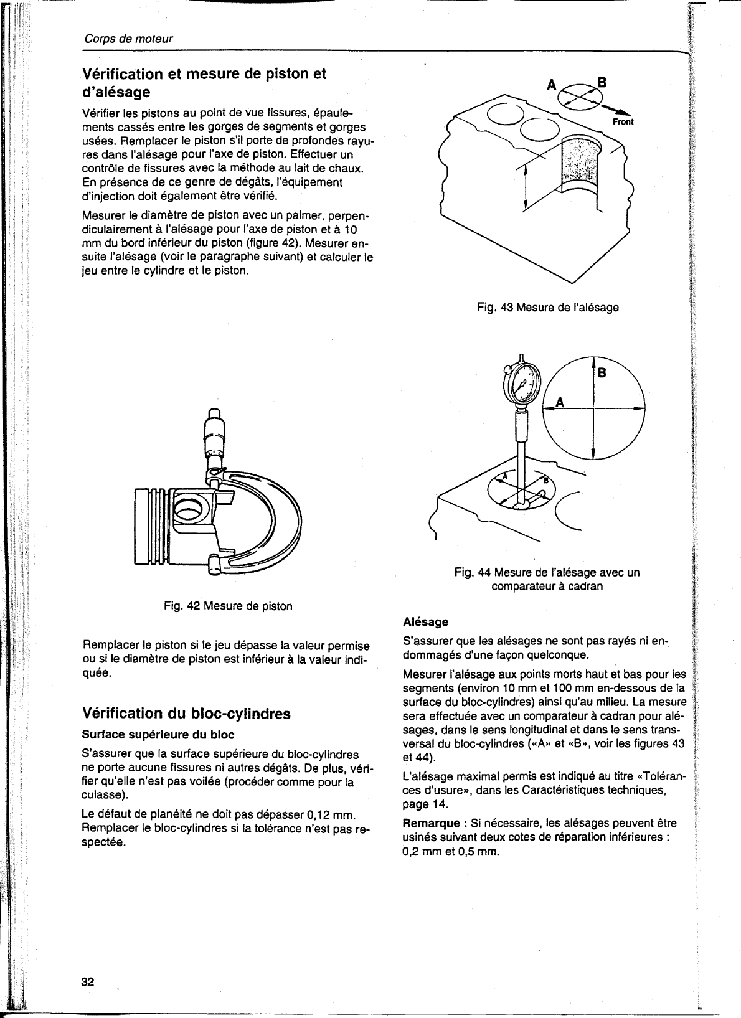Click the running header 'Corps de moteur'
(128, 39)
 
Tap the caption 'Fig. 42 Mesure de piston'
(228, 606)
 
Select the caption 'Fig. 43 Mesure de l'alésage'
(547, 307)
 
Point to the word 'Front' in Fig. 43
(623, 122)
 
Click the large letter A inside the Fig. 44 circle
(559, 402)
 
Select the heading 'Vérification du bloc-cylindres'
(186, 714)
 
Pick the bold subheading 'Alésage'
(426, 621)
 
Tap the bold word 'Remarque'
(430, 823)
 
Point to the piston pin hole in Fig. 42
(186, 509)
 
